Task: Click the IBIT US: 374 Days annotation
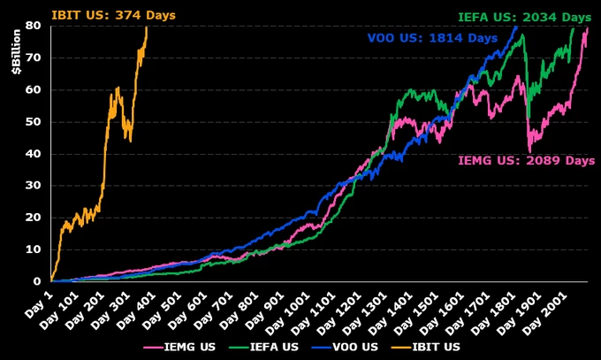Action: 114,15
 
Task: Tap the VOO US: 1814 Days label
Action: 432,38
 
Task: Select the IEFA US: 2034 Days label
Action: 524,17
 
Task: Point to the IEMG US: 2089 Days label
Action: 526,160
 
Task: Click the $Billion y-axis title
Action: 18,54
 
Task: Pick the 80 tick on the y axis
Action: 34,26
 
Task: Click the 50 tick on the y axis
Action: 34,121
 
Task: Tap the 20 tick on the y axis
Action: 34,218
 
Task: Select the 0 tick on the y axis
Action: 37,281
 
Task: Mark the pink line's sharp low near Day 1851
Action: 529,150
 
